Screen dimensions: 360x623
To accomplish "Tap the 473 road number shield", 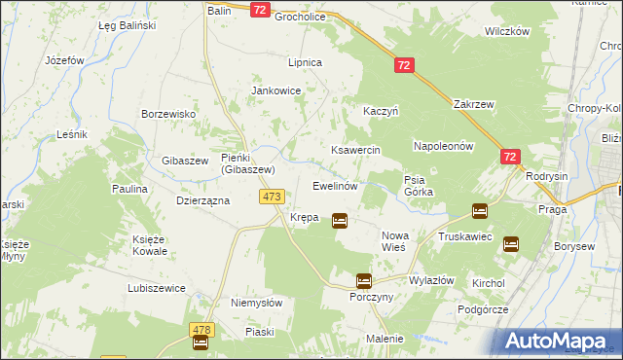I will coord(273,197).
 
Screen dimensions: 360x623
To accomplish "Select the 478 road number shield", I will coord(202,330).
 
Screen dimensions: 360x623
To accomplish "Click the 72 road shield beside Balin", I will coord(259,10).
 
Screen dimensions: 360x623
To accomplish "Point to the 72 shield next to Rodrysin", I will coord(511,156).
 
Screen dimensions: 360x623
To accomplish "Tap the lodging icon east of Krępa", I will coord(340,221).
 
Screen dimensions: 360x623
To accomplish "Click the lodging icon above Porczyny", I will coord(363,280).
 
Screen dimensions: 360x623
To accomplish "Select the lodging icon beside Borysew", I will coord(511,244).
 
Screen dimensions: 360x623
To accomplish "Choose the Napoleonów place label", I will coord(443,146).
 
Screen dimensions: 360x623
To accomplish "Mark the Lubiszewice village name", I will coord(158,289).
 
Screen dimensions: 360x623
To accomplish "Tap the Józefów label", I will coord(65,59).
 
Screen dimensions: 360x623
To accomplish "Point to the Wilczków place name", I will coord(506,31).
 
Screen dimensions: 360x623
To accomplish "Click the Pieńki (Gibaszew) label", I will coord(248,163).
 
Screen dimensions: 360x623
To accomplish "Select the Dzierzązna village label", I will coord(202,200).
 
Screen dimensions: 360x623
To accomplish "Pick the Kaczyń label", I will coord(381,112).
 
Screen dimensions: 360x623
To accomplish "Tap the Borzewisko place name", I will coord(169,114).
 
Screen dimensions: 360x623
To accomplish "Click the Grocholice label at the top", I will coord(305,17).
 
